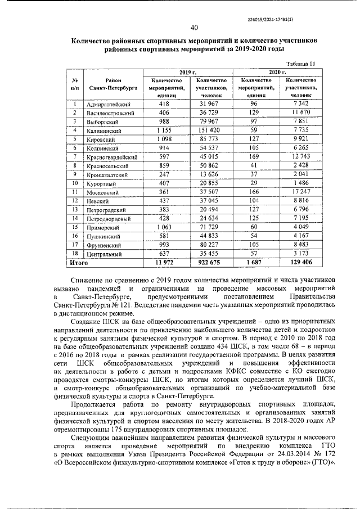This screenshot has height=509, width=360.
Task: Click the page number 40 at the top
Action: pos(194,28)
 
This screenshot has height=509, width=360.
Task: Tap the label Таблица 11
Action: pos(301,64)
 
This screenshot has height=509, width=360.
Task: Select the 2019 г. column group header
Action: pos(186,73)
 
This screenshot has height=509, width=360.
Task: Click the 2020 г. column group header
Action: pos(277,73)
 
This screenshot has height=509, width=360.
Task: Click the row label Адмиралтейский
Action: pos(109,105)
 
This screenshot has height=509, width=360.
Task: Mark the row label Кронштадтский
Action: pos(108,175)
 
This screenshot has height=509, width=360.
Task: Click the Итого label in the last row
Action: pos(79,262)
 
